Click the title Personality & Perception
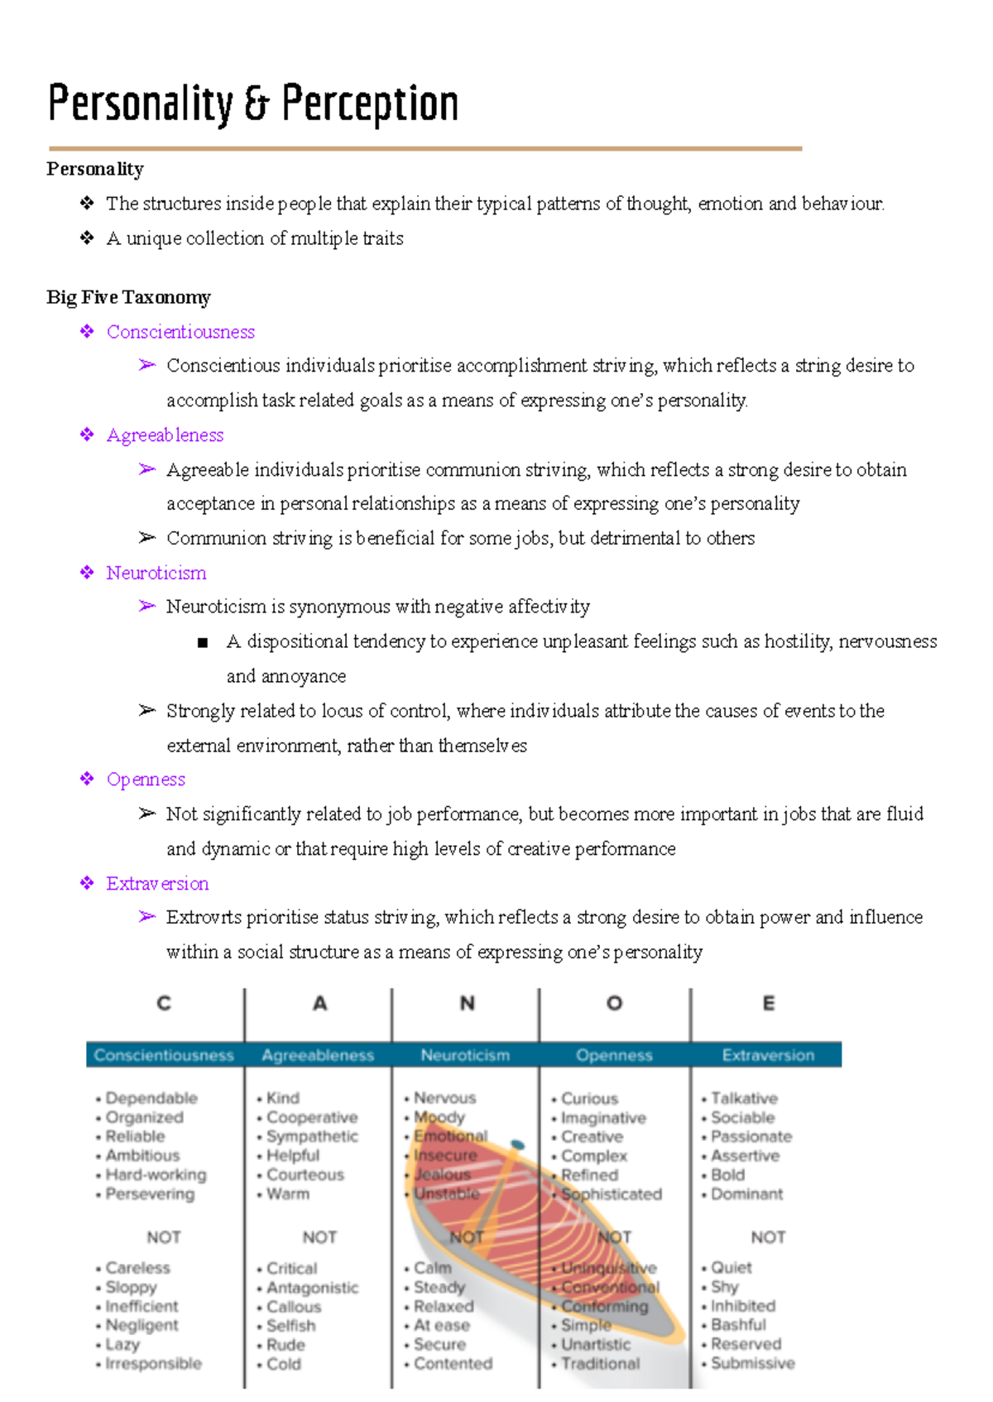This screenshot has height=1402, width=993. tap(253, 104)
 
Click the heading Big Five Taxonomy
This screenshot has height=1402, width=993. tap(128, 297)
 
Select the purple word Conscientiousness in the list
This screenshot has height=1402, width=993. tap(180, 332)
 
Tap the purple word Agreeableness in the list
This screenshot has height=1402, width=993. tap(165, 435)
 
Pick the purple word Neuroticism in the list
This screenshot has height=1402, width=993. tap(156, 573)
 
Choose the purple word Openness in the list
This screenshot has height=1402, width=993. tap(146, 780)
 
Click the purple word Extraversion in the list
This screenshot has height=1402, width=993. tap(157, 884)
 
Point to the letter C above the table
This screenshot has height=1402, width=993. tap(164, 1003)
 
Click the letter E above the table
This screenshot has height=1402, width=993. tap(768, 1003)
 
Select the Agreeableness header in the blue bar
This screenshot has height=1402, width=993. tap(318, 1055)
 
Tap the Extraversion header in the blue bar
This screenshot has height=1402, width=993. tap(768, 1055)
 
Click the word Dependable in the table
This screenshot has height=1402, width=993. tap(151, 1098)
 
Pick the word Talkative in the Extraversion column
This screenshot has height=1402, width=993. tap(744, 1098)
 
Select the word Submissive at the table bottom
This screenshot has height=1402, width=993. tap(752, 1363)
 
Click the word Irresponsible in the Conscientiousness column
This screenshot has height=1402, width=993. tap(153, 1363)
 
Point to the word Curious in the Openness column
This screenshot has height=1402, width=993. tap(589, 1098)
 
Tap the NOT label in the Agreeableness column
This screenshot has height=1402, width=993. tap(319, 1237)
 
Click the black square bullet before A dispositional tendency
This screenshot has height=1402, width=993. tap(203, 642)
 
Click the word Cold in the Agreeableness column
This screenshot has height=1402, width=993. tap(284, 1364)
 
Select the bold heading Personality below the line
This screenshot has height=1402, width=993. tap(95, 169)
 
